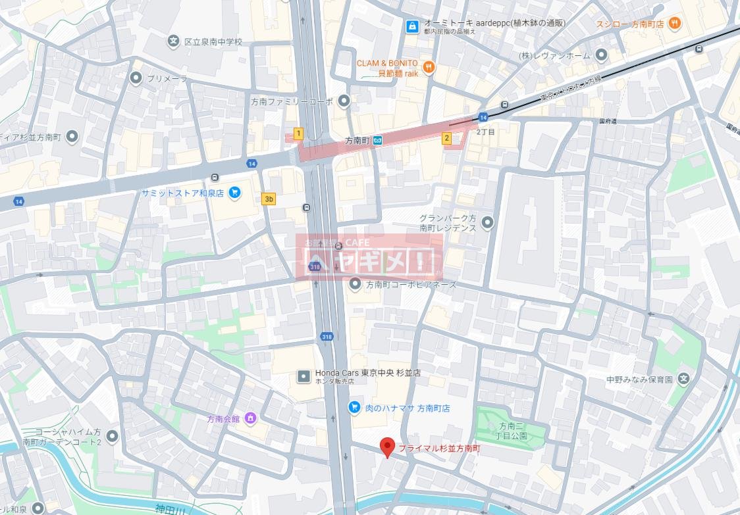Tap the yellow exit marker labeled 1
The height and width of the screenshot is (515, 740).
coord(298,134)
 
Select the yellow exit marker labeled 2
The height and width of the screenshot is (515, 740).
coord(446,138)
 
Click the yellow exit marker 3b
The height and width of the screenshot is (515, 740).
coord(268,199)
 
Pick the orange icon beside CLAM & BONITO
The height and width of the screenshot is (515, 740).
coord(429,66)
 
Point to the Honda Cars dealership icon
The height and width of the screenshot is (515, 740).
coord(303,376)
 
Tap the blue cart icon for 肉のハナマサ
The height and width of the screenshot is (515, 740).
coord(354,408)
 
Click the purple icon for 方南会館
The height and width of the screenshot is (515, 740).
coord(250,418)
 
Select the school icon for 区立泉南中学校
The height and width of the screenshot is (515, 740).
coord(173,41)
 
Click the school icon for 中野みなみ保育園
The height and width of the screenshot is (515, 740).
coord(685,380)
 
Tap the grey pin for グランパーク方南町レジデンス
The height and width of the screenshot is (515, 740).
coord(488,222)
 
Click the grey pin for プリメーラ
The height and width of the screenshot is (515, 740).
coord(136,78)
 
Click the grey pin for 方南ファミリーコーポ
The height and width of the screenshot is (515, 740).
coord(344,101)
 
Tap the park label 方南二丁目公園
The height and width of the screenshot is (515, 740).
coord(513,430)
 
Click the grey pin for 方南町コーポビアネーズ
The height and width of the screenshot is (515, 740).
coord(356,285)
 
